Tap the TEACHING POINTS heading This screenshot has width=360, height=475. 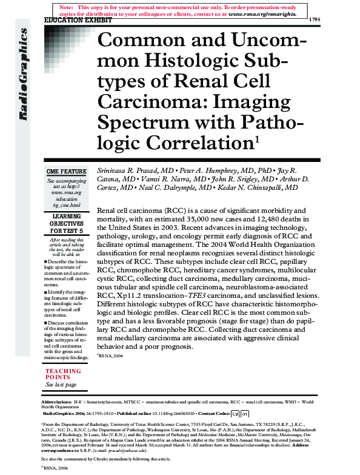tap(62, 374)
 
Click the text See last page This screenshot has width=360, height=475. tap(61, 385)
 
